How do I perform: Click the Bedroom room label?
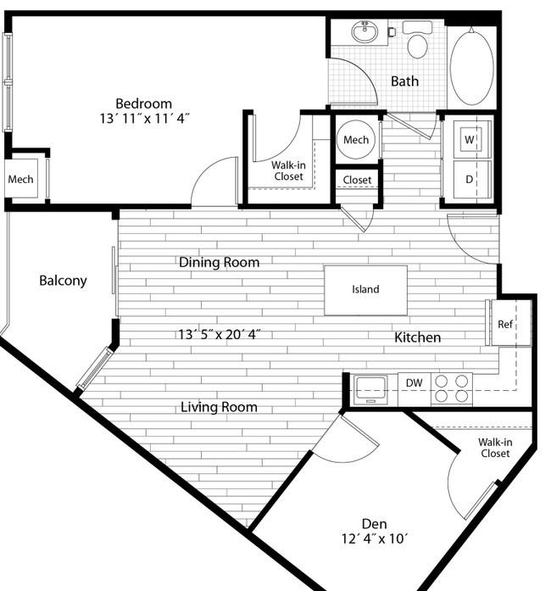click(x=143, y=103)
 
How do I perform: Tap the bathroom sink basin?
click(x=365, y=32)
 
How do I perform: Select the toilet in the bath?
click(x=417, y=39)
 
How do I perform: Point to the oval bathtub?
click(x=471, y=67)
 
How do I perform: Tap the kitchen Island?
click(x=365, y=290)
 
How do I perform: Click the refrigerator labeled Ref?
click(x=508, y=323)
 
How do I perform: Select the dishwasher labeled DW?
click(x=415, y=390)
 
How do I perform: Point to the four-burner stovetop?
click(x=452, y=389)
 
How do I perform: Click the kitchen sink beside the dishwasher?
click(x=370, y=389)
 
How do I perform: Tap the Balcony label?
click(x=63, y=281)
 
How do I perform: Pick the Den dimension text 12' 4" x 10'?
click(x=375, y=538)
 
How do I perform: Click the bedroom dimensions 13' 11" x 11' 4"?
click(x=144, y=119)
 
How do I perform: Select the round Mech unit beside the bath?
click(x=356, y=140)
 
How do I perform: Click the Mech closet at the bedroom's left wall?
click(x=20, y=179)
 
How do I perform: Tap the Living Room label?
click(x=219, y=407)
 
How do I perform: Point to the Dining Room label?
click(x=219, y=262)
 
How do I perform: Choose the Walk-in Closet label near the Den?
click(x=495, y=448)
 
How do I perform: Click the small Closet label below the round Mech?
click(x=357, y=180)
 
